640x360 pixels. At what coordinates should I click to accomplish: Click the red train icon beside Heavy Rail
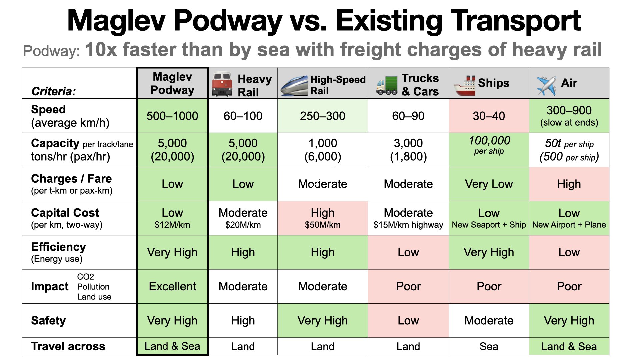click(222, 84)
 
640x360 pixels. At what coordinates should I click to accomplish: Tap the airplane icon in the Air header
click(546, 85)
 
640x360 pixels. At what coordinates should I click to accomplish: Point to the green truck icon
click(387, 85)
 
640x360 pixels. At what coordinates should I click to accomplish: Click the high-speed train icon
click(294, 86)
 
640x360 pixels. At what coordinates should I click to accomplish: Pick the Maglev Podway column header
click(172, 83)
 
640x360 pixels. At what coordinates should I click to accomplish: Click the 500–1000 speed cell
click(172, 116)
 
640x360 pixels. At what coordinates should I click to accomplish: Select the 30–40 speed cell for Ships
click(489, 116)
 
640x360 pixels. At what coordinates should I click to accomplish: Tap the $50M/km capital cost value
click(322, 225)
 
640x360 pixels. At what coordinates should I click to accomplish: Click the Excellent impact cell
click(172, 286)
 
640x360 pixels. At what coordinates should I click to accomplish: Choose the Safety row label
click(48, 320)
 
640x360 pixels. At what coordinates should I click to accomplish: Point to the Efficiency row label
click(58, 247)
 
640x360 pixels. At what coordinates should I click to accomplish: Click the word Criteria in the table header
click(53, 91)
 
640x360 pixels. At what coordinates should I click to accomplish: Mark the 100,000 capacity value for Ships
click(489, 141)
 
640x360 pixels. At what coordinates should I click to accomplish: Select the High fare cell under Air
click(569, 184)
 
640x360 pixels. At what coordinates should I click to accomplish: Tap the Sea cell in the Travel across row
click(489, 346)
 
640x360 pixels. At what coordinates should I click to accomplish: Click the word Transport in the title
click(515, 21)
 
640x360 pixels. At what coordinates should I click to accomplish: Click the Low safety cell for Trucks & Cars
click(408, 320)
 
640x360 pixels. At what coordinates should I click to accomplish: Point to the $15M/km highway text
click(408, 225)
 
